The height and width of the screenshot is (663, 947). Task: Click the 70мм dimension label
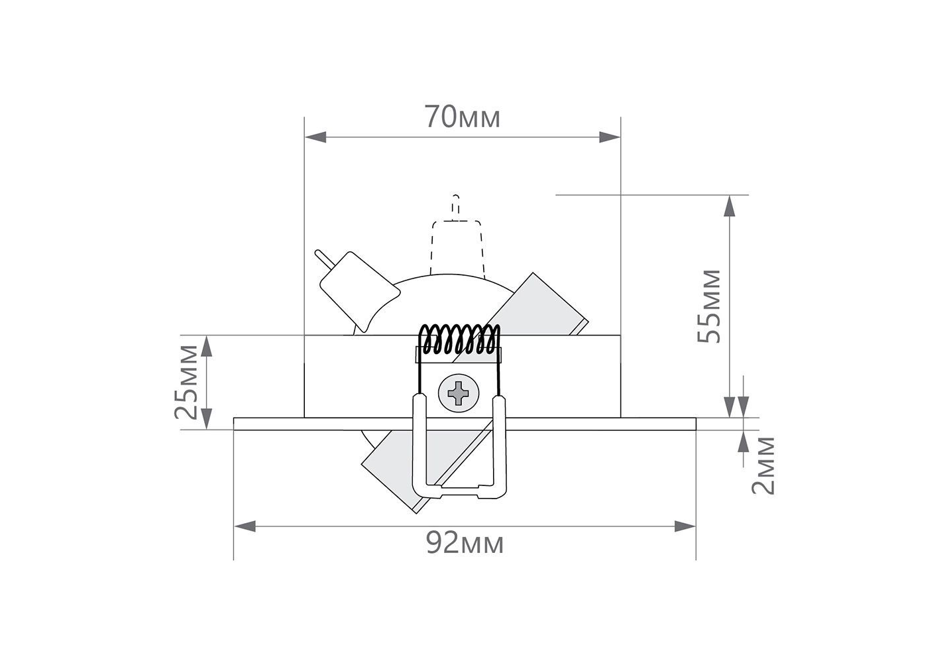click(462, 117)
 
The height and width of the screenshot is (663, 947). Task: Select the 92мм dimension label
click(465, 543)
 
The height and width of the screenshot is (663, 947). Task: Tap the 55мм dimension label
click(708, 306)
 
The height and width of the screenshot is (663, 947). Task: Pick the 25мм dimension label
click(186, 382)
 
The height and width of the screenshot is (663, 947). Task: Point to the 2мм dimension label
click(763, 465)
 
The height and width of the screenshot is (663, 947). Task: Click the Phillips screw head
click(459, 393)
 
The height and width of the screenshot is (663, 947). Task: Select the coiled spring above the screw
click(459, 339)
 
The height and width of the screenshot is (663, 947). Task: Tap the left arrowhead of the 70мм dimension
click(315, 137)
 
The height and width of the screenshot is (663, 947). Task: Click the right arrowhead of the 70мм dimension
click(610, 137)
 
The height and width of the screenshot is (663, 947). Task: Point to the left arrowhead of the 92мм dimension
click(245, 526)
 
